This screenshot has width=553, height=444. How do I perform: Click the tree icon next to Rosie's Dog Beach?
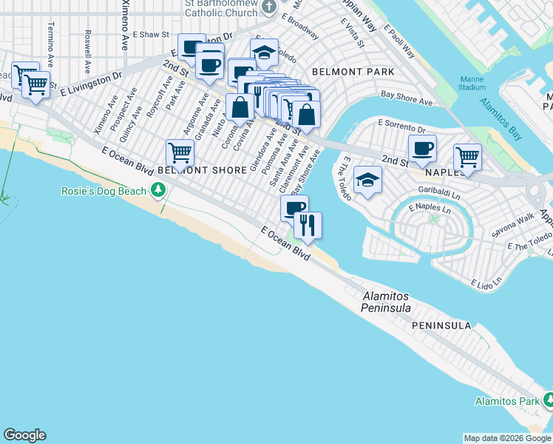pos(157,191)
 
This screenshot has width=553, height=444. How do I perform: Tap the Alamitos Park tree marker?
pos(548,401)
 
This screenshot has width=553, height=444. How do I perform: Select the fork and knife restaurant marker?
pos(308,224)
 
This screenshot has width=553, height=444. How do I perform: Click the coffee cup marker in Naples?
pos(422,148)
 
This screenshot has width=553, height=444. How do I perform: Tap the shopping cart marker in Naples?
pos(467,156)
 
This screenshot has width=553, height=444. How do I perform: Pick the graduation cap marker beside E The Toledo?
pos(367,180)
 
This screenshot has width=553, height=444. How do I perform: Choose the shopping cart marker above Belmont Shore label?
pos(180,153)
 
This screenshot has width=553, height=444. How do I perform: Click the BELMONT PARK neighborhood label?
pos(353,73)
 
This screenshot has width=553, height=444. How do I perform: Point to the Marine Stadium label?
pos(472,83)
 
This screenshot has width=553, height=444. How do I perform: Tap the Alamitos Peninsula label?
pos(386,301)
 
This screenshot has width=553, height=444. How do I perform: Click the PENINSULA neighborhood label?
pos(441,326)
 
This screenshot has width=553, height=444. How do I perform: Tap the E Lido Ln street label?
pos(489,283)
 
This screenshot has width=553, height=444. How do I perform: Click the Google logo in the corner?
pos(24,435)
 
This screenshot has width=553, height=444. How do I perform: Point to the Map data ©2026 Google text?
pos(507,438)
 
